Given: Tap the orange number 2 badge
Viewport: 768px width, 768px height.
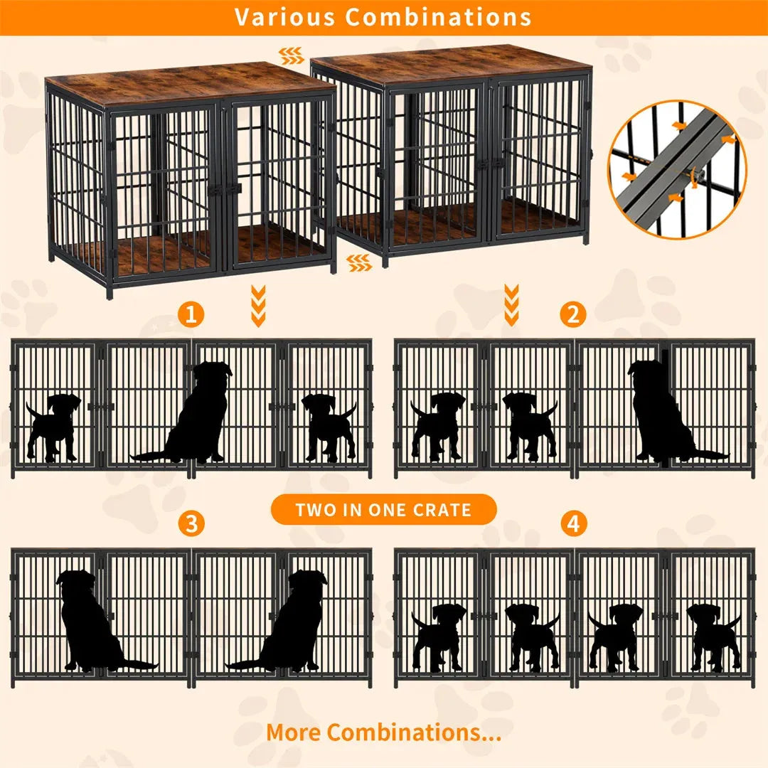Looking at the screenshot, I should (x=572, y=313).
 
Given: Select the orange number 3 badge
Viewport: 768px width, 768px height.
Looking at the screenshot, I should (x=191, y=524).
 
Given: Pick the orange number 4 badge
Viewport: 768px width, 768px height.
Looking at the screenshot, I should (x=573, y=524).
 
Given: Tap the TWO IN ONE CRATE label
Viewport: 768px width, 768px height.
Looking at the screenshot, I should (x=383, y=509).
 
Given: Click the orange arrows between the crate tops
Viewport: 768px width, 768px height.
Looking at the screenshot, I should (x=290, y=52).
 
